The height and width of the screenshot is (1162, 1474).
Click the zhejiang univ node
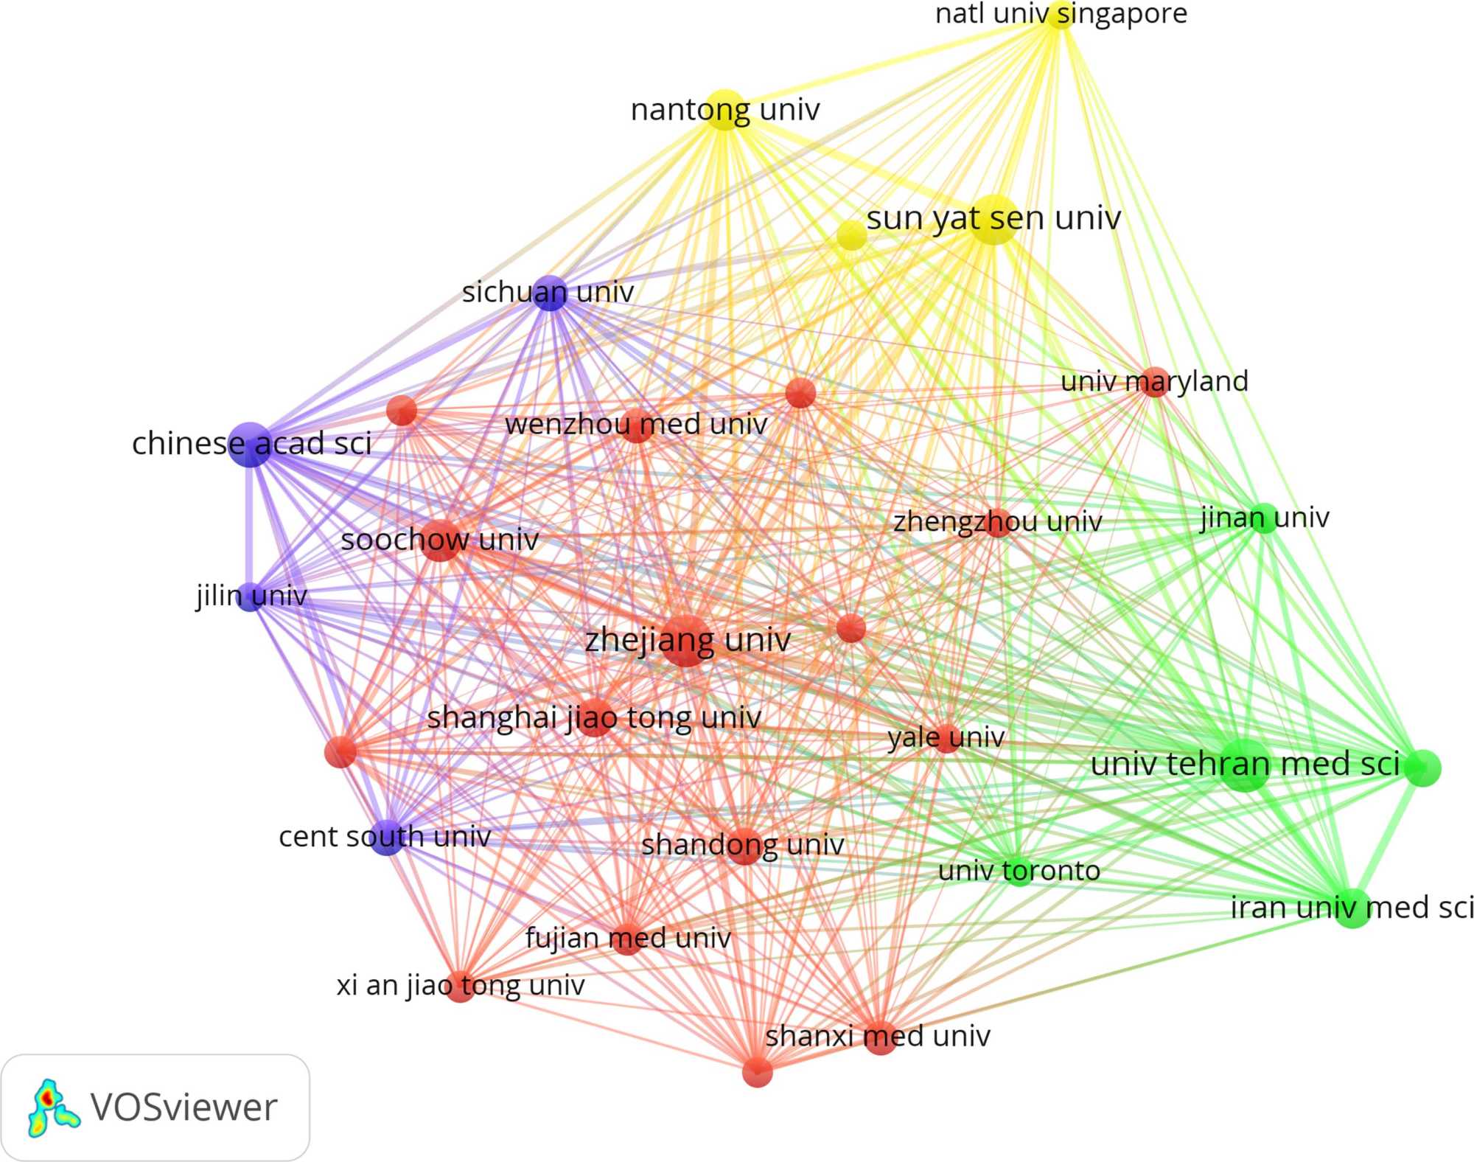(x=686, y=640)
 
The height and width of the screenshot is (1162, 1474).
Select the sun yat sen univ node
(x=993, y=220)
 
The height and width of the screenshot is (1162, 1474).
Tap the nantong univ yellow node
(x=724, y=110)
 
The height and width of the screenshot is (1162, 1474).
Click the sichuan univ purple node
(x=550, y=293)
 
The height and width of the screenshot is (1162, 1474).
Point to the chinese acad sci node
(x=251, y=444)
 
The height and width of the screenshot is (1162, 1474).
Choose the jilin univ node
(x=251, y=596)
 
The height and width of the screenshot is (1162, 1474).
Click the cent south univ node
(x=387, y=837)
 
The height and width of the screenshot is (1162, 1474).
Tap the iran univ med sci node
(x=1352, y=908)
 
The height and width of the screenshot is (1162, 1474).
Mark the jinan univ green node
(x=1265, y=518)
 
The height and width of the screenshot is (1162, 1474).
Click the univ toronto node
(x=1019, y=871)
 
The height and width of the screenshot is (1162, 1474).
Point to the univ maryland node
(x=1155, y=382)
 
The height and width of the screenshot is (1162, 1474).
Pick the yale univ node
(x=946, y=737)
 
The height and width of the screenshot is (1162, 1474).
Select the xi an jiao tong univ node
(x=460, y=986)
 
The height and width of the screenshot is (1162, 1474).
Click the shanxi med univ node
(x=879, y=1037)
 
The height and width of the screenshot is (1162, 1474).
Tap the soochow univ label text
(x=440, y=540)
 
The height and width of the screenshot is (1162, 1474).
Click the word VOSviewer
(x=184, y=1107)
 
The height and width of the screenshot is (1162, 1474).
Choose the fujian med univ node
(x=628, y=939)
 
